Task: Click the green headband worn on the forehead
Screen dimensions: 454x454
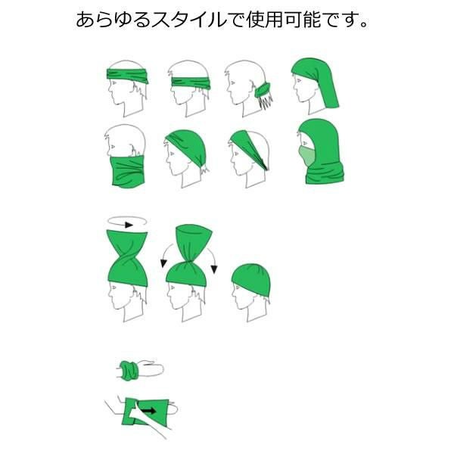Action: click(128, 76)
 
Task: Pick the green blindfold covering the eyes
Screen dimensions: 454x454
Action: click(191, 82)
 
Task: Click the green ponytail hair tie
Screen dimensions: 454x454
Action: click(263, 90)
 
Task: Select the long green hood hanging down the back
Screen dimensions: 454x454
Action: click(318, 81)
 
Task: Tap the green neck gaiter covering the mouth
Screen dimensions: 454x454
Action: click(126, 172)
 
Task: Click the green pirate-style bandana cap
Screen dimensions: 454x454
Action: click(187, 147)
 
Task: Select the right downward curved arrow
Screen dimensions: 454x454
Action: click(212, 259)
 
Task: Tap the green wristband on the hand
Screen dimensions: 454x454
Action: click(129, 370)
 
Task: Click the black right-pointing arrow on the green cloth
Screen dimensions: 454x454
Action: click(148, 411)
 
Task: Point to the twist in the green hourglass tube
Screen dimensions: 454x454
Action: click(128, 259)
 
